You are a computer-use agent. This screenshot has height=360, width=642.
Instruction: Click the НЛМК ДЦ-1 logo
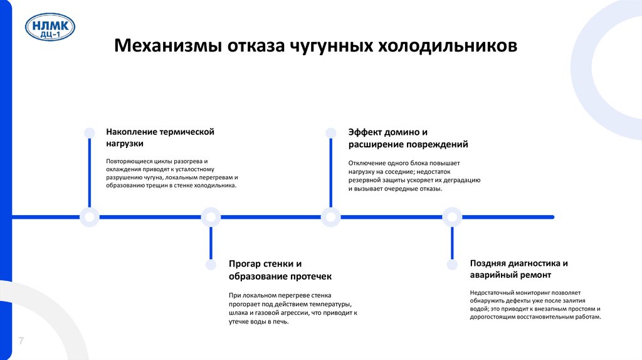pos(50,29)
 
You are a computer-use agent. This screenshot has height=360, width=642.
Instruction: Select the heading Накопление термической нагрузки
pos(160,137)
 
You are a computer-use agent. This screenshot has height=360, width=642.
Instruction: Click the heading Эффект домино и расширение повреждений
pos(408,138)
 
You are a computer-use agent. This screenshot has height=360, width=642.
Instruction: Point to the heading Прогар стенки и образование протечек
pos(280,270)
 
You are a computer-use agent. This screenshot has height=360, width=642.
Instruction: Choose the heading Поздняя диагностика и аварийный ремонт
pos(519,269)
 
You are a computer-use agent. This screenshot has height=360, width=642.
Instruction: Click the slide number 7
pos(21,341)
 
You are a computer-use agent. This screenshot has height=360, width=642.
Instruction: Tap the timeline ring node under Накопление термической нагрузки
pos(90,217)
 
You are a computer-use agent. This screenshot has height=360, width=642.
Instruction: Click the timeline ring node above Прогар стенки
pos(211,217)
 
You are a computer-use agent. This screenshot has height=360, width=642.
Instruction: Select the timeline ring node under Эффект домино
pos(330,217)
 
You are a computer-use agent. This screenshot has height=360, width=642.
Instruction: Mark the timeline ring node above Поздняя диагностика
pos(452,217)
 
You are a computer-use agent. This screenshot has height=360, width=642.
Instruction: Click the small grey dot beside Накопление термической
pos(90,132)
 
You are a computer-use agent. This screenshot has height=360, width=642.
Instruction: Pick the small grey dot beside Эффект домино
pos(330,132)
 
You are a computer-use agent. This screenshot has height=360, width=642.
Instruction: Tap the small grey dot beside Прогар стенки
pos(211,265)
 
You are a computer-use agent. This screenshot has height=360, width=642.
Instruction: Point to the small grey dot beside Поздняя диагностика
pos(452,265)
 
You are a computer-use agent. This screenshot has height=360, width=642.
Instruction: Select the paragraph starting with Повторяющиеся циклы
pos(171,173)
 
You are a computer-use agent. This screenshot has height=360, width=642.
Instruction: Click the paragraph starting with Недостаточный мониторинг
pos(535,304)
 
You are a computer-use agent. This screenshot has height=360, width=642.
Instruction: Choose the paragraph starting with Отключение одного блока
pos(414,176)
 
